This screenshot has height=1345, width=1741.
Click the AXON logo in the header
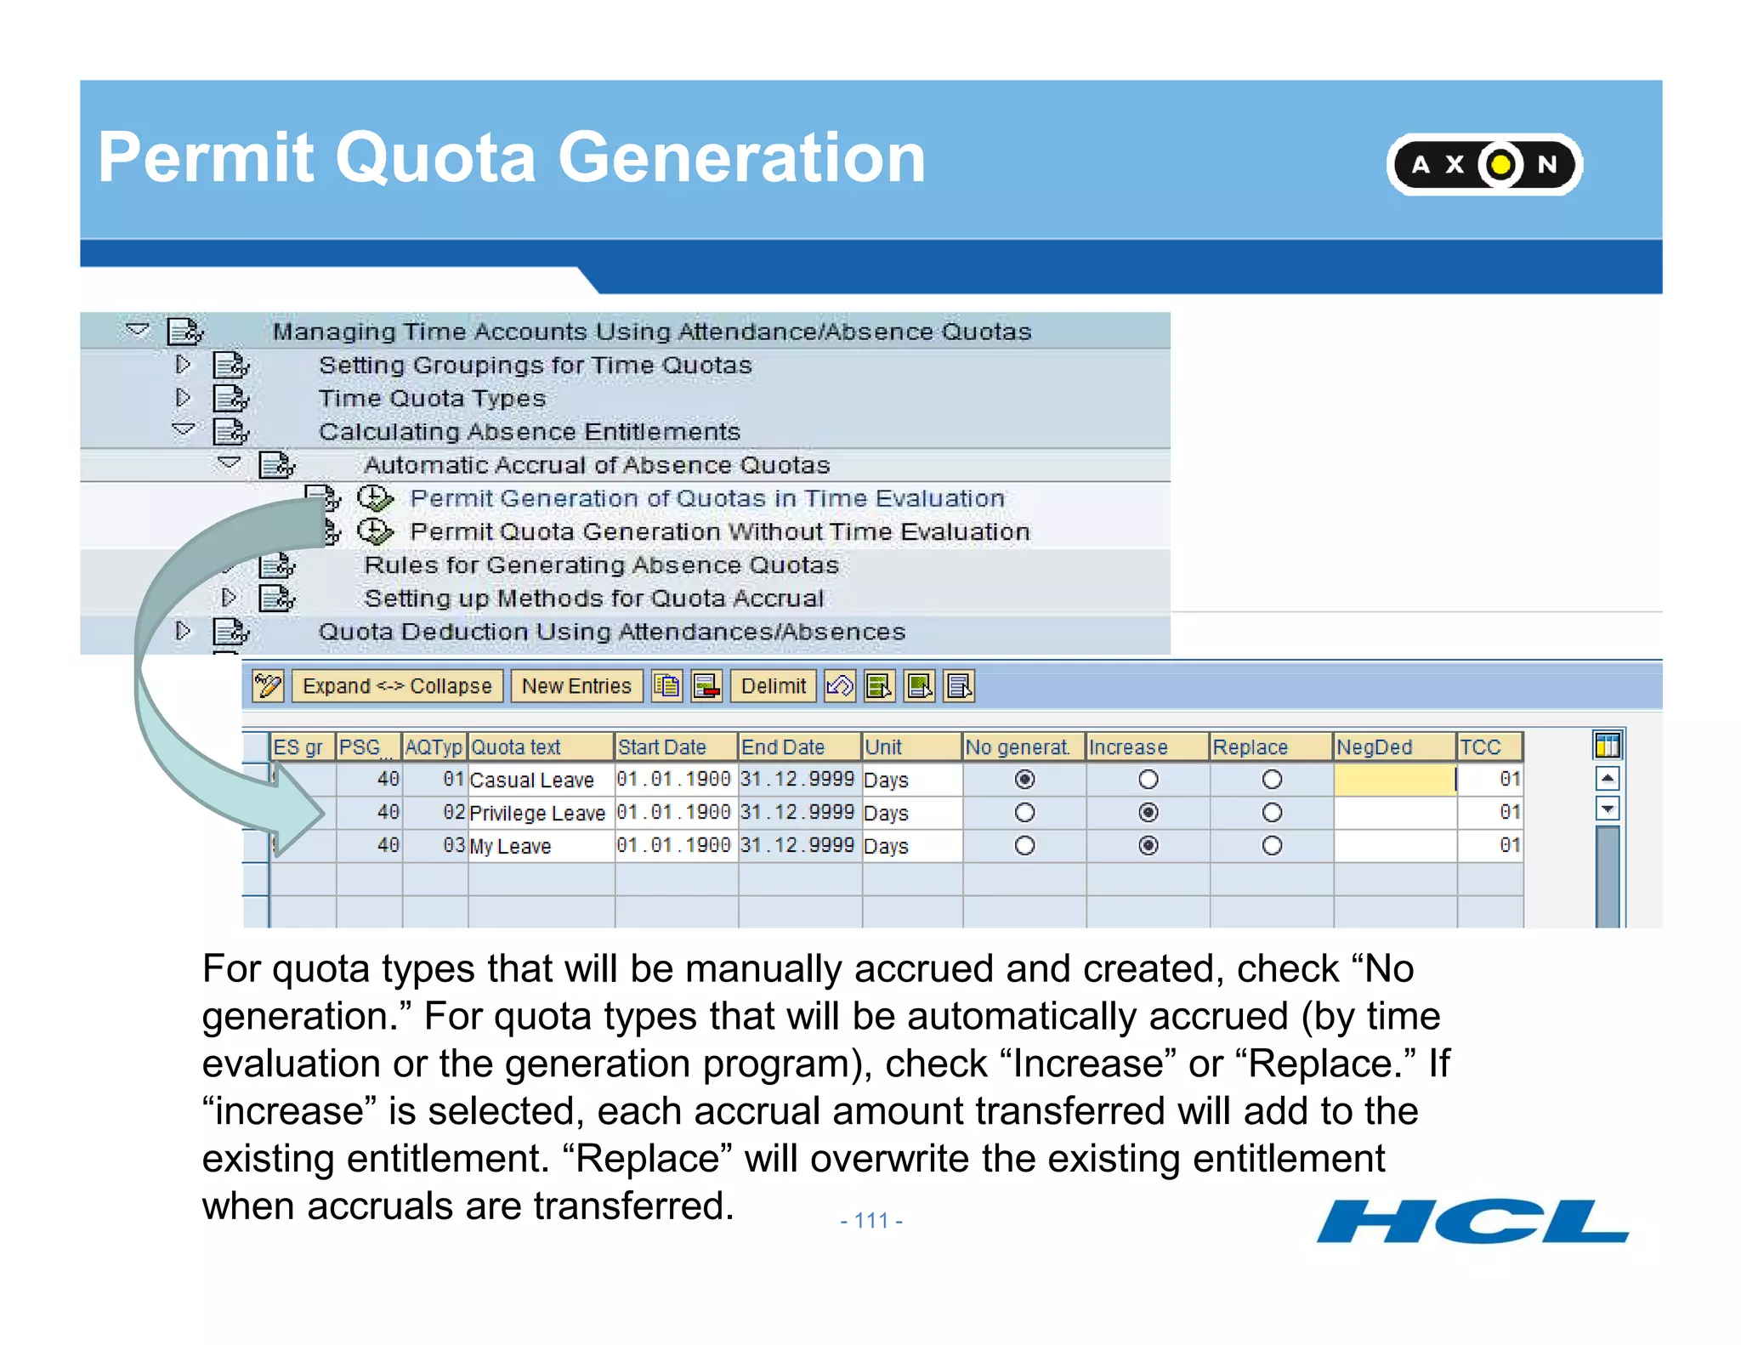coord(1483,164)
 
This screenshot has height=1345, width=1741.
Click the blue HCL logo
coord(1472,1222)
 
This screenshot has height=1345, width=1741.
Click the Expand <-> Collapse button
coord(397,686)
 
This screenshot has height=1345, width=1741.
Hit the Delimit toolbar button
coord(773,686)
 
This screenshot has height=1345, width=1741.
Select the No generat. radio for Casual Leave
coord(1024,780)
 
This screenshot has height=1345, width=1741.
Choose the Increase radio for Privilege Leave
coord(1148,813)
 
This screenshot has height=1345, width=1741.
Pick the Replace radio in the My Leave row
coord(1272,846)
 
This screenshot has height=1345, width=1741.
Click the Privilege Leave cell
coord(538,814)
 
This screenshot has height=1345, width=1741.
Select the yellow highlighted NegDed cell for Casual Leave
coord(1394,780)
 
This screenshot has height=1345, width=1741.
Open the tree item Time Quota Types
coord(432,398)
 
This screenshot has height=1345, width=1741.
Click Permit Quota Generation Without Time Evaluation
coord(719,532)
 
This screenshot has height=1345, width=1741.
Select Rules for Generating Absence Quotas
coord(601,565)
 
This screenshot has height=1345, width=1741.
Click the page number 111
coord(870,1221)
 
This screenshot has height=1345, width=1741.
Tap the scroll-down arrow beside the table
coord(1607,809)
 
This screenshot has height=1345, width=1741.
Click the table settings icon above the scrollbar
coord(1607,746)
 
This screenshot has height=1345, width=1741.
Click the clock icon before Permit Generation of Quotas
coord(375,498)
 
